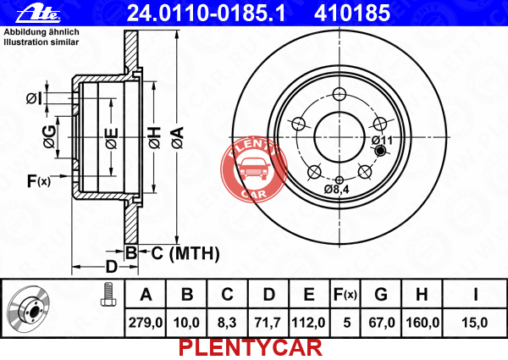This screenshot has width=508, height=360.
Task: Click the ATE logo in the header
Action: click(38, 14)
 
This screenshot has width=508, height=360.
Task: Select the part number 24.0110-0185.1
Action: click(206, 14)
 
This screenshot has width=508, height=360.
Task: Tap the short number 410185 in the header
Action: click(352, 14)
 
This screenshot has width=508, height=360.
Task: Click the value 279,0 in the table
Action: click(146, 323)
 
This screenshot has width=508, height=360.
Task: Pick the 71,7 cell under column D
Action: click(268, 323)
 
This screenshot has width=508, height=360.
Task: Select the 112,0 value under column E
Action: click(308, 323)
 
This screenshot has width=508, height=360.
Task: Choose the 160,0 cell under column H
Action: click(422, 323)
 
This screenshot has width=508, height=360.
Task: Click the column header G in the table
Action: click(381, 294)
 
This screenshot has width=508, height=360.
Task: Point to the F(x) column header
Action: click(345, 295)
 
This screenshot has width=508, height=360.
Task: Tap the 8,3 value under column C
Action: click(227, 323)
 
